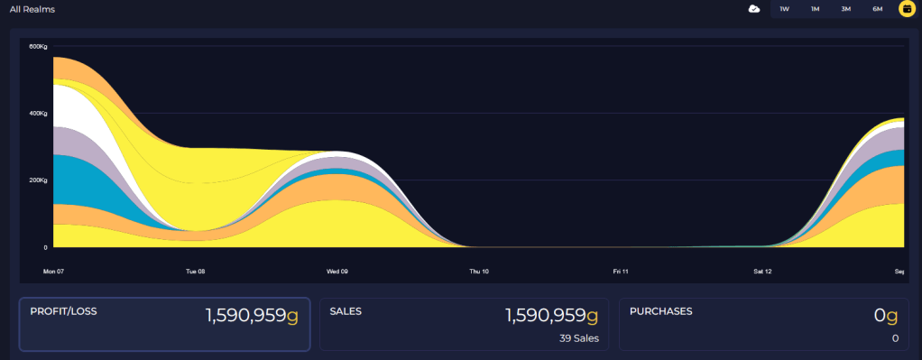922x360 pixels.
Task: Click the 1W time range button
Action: click(784, 9)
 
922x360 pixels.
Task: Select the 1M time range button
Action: click(815, 9)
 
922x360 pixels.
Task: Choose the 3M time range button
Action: click(846, 9)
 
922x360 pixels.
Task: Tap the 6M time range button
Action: click(877, 9)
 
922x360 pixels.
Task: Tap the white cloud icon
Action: click(754, 9)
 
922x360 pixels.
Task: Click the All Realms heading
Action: click(32, 9)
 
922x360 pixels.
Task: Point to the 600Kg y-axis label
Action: click(38, 47)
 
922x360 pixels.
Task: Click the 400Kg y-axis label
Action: click(38, 113)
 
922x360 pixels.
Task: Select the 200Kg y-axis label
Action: click(38, 180)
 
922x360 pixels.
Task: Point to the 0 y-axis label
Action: click(45, 247)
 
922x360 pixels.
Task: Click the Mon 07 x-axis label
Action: click(53, 272)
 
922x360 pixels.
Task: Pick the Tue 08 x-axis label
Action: click(195, 272)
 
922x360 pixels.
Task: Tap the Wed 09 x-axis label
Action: click(337, 272)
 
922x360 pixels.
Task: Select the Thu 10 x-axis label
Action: click(479, 272)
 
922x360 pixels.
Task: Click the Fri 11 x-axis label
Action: click(621, 272)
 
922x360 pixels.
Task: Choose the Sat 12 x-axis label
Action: click(762, 272)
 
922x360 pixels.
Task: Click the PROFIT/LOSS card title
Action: click(63, 312)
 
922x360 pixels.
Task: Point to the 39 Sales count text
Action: click(579, 338)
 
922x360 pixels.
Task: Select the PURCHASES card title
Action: click(661, 312)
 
